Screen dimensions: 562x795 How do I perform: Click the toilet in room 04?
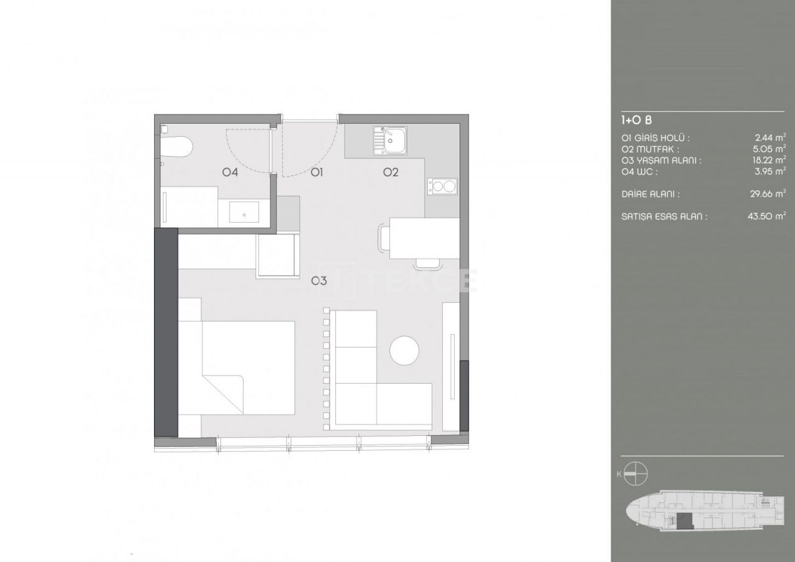pyautogui.click(x=178, y=147)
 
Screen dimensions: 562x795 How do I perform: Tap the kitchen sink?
pyautogui.click(x=389, y=140)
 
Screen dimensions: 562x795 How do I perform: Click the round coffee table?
pyautogui.click(x=404, y=351)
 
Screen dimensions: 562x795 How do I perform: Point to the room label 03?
pyautogui.click(x=319, y=281)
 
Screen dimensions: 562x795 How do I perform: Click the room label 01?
pyautogui.click(x=317, y=173)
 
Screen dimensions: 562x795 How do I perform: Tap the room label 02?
pyautogui.click(x=390, y=173)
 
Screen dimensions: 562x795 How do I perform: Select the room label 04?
pyautogui.click(x=230, y=173)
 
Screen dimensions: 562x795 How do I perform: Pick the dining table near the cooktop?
pyautogui.click(x=424, y=237)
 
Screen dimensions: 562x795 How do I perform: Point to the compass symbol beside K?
pyautogui.click(x=637, y=474)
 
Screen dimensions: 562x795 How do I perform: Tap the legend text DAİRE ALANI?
pyautogui.click(x=650, y=194)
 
